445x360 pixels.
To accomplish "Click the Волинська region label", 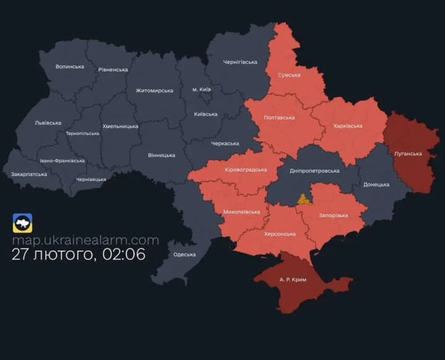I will point(69,66).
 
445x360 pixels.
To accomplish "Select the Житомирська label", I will point(154,91).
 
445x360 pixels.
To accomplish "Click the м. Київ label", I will point(201,90).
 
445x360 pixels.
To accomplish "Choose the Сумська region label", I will point(289,75).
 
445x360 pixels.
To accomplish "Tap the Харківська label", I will point(347,126).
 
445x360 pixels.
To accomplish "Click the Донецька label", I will point(376,184).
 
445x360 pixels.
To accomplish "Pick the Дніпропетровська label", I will point(315,171).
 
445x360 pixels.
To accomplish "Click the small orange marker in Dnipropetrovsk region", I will point(303,199).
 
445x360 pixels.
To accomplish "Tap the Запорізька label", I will point(333,215).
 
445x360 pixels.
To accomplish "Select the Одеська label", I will point(185,254).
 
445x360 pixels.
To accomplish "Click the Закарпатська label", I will point(29,174).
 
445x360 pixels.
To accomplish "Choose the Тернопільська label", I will point(82,134).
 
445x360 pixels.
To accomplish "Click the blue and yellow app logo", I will point(23,223).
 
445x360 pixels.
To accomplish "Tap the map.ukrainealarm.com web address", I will point(85,240).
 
